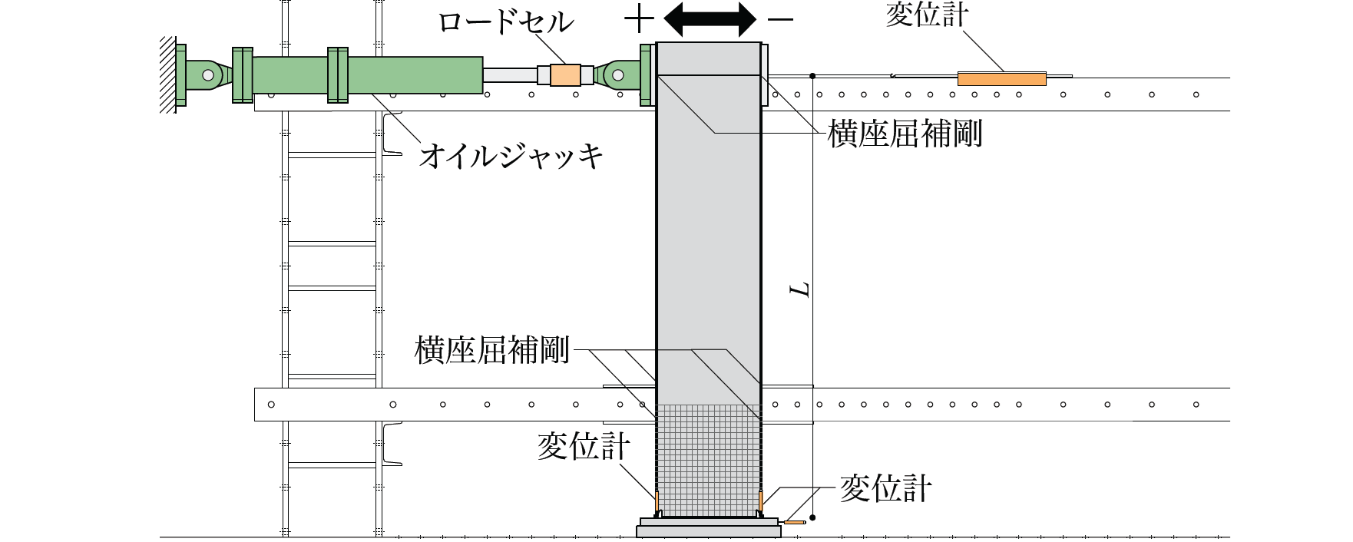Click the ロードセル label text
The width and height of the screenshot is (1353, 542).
point(505,21)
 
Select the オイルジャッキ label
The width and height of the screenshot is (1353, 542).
point(510,156)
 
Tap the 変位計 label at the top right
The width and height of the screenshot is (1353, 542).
point(927,15)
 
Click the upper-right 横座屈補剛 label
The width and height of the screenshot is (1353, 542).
point(905,134)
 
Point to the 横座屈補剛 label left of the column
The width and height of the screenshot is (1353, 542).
point(491,350)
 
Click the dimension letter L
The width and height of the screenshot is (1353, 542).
point(801,289)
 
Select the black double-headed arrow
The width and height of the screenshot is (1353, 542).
point(710,19)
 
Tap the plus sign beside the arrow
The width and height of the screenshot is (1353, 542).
point(639,20)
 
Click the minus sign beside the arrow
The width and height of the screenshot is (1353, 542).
point(780,20)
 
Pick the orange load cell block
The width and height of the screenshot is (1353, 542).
point(565,74)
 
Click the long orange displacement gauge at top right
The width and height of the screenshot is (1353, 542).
point(1001,78)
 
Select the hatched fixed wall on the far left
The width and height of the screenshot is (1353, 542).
point(167,74)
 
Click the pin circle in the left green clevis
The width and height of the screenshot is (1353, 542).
point(207,75)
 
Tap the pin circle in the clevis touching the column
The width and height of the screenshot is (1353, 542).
point(617,75)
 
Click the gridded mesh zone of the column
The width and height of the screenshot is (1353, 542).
point(708,461)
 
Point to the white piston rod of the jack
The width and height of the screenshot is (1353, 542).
point(509,74)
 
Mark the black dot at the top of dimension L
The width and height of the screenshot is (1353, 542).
point(812,75)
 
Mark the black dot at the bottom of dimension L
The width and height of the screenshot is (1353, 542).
point(812,517)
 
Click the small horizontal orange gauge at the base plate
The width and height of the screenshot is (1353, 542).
point(794,523)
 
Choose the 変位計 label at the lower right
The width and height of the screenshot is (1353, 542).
point(885,488)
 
